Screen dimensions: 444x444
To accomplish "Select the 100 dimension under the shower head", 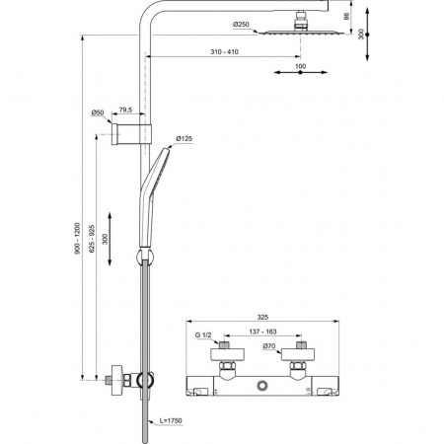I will click(300, 66).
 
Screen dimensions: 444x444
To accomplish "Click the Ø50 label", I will click(99, 112).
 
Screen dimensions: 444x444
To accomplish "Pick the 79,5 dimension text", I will click(127, 112).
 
